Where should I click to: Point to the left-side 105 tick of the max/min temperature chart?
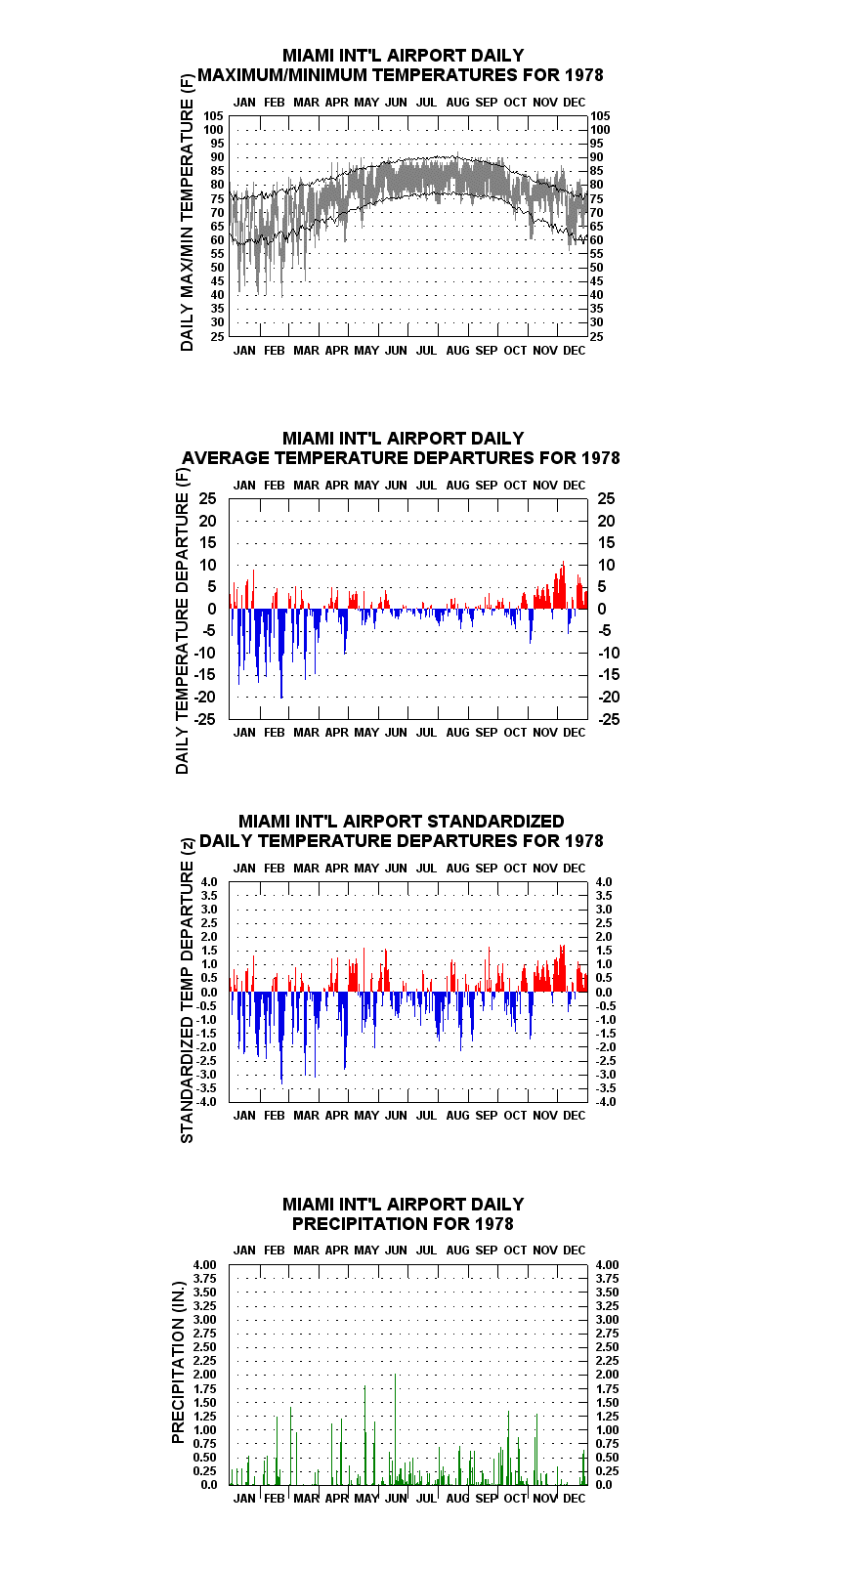(214, 116)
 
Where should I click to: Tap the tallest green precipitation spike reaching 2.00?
(395, 1429)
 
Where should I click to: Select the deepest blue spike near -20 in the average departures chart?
(281, 654)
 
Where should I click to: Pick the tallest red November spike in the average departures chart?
(563, 585)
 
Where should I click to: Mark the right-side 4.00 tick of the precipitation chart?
(608, 1265)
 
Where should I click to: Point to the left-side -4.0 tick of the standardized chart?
(206, 1102)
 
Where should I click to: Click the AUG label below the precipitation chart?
(457, 1499)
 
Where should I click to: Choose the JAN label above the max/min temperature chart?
(244, 103)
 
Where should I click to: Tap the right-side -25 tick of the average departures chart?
(609, 719)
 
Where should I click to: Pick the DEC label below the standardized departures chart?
(575, 1115)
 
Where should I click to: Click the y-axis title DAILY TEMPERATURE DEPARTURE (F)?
(182, 620)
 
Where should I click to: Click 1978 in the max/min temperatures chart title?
(583, 75)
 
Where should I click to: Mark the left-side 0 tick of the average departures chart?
(211, 610)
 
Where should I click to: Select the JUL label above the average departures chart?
(427, 485)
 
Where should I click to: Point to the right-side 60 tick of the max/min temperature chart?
(596, 240)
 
